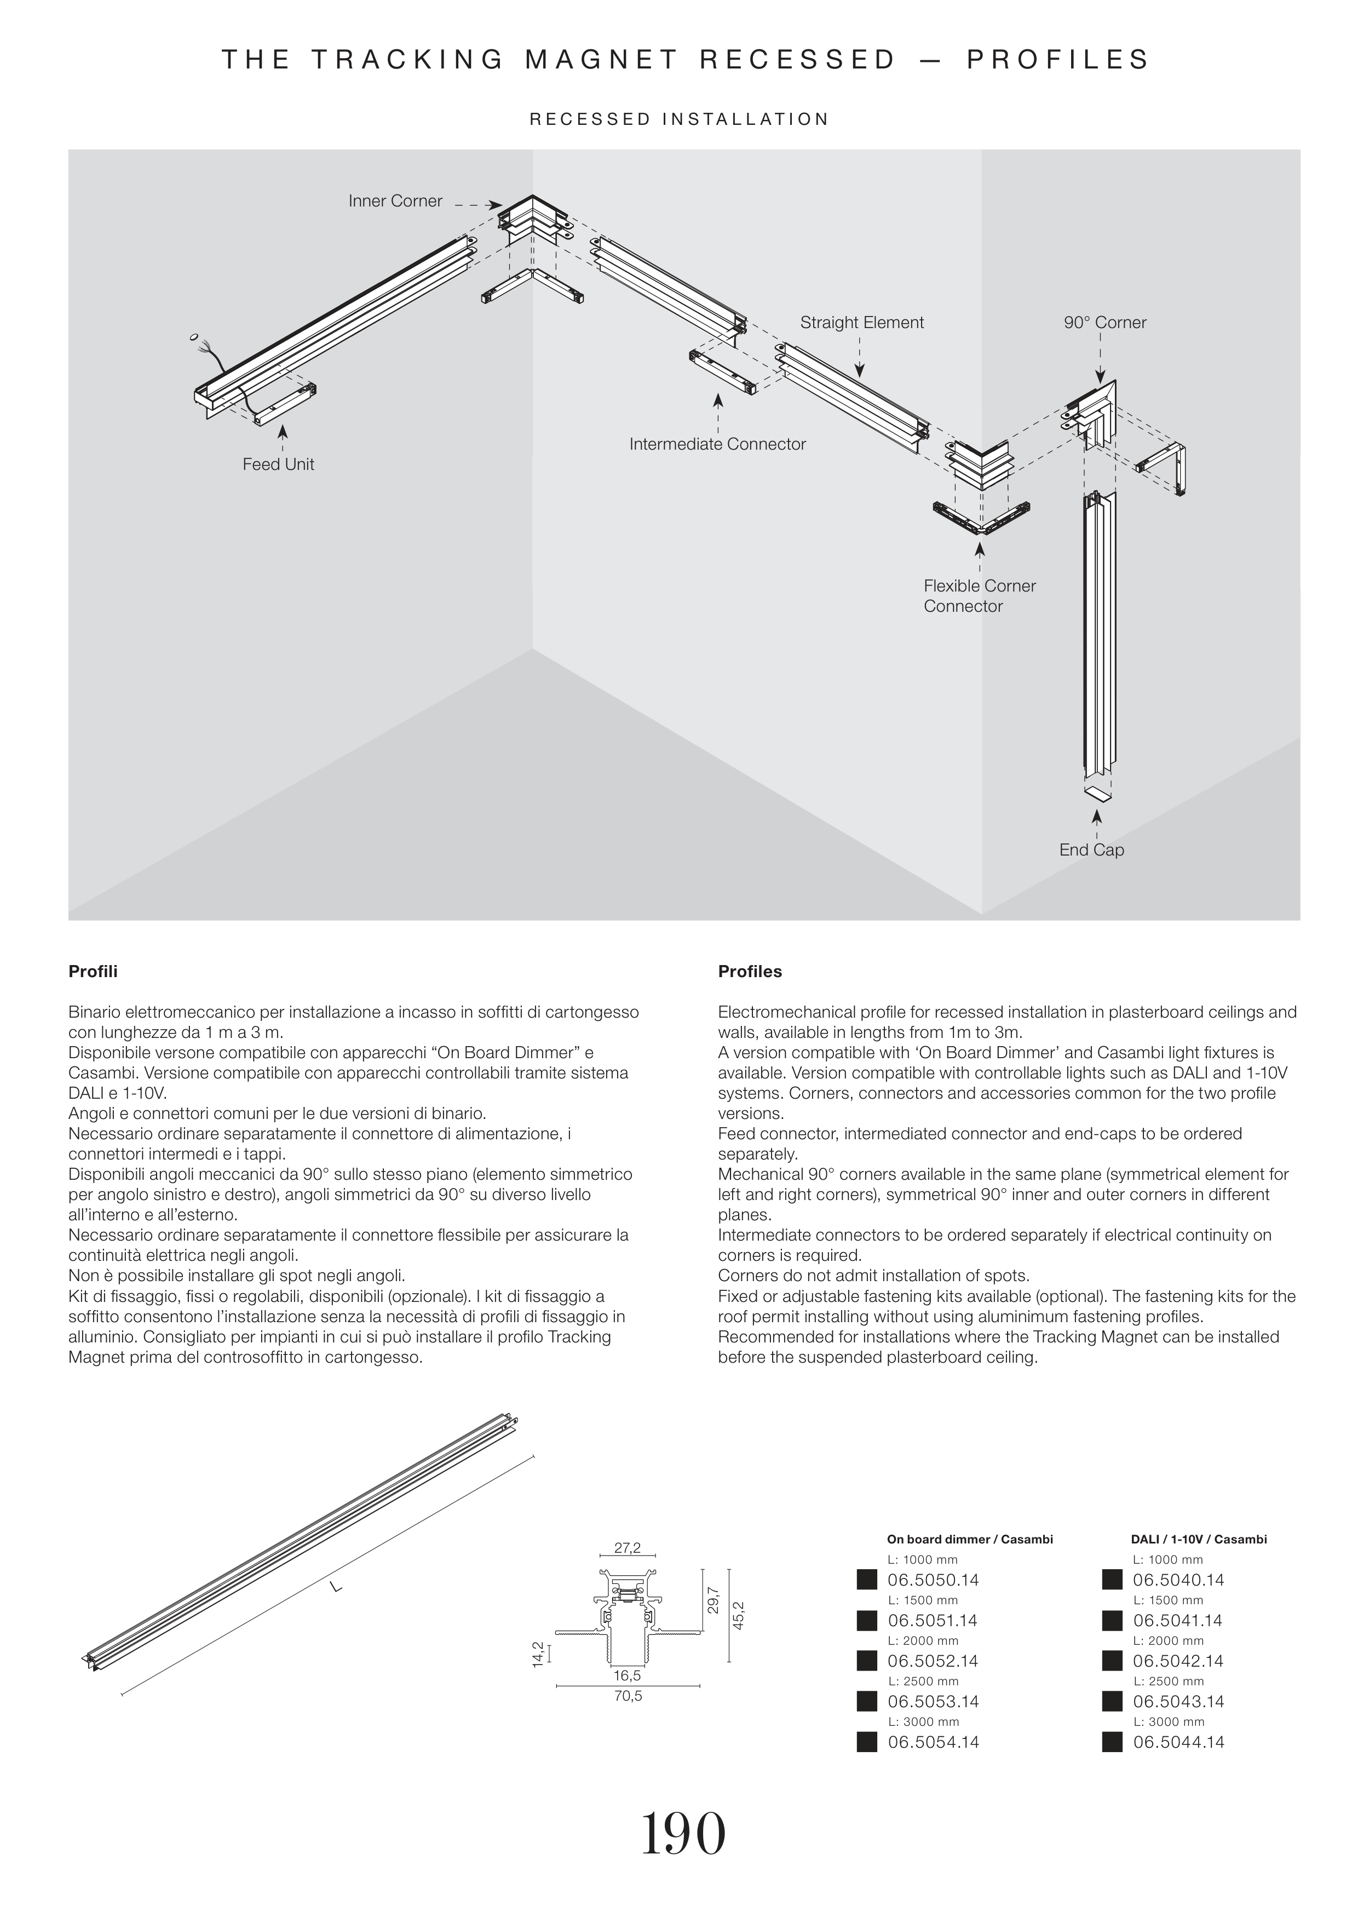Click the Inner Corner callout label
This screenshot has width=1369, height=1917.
tap(395, 202)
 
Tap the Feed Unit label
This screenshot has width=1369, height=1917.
tap(278, 464)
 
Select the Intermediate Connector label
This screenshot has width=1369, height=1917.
tap(717, 444)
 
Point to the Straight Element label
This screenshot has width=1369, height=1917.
tap(861, 323)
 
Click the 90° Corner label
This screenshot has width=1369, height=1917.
tap(1105, 323)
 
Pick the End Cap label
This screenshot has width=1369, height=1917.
tap(1092, 850)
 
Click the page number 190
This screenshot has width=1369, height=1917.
tap(683, 1834)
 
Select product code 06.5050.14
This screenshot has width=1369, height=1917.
tap(933, 1581)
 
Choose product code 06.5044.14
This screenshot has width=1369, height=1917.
tap(1178, 1742)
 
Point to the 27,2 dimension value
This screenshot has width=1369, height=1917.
tap(627, 1548)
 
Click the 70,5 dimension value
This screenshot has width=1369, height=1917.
tap(628, 1696)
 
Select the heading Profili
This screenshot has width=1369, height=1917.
tap(93, 971)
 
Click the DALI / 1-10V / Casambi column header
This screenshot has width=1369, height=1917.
tap(1198, 1539)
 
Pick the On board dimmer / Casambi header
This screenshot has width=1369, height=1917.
tap(969, 1539)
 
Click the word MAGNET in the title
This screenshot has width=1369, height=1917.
tap(602, 60)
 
